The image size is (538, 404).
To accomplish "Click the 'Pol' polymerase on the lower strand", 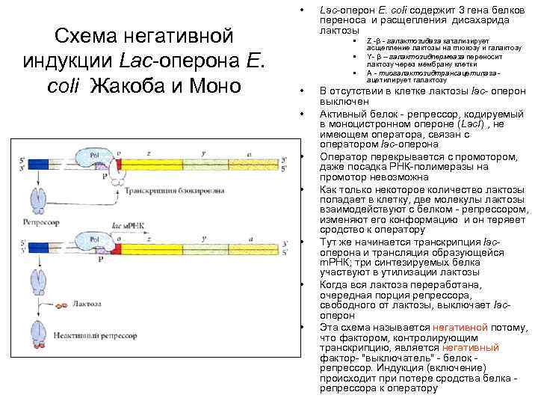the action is point(96,240).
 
